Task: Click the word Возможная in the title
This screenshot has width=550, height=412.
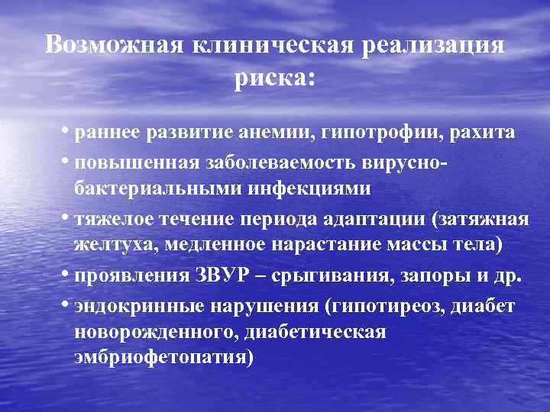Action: (113, 44)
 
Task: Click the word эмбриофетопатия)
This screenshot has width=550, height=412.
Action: (163, 356)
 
